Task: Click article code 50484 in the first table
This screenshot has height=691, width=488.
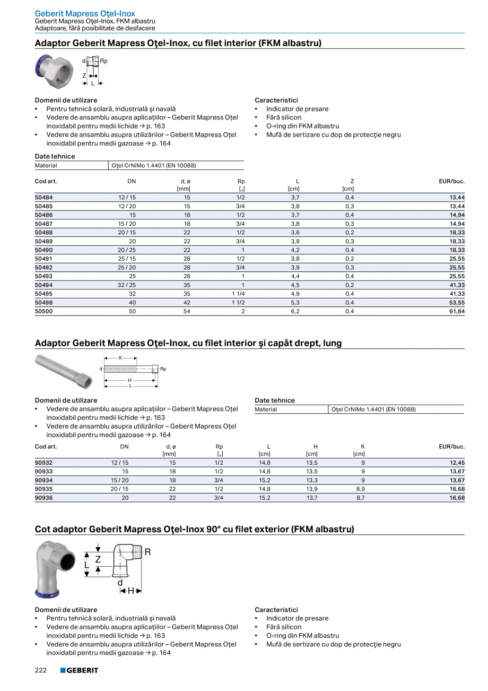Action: click(43, 197)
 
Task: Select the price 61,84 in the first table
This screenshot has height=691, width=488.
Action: click(457, 311)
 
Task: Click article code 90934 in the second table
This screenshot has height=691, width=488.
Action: click(43, 480)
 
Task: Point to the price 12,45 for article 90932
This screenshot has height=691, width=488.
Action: click(457, 463)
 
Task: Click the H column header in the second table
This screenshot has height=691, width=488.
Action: click(315, 447)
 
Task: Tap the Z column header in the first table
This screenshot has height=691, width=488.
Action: click(352, 181)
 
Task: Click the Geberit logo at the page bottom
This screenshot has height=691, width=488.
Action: click(79, 670)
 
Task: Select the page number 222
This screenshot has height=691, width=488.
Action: click(41, 670)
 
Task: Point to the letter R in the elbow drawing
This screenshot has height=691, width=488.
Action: click(147, 552)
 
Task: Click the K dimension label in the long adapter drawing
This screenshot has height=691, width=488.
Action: click(120, 358)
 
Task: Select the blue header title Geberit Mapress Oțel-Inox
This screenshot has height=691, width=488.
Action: click(85, 13)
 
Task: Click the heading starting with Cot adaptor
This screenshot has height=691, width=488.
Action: click(194, 529)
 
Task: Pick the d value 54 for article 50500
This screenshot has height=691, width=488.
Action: click(187, 311)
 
